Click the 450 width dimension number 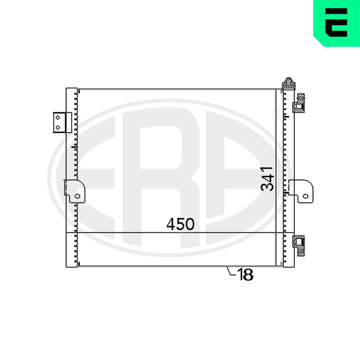pyautogui.click(x=180, y=224)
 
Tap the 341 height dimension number pyautogui.click(x=267, y=179)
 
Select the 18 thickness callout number pyautogui.click(x=245, y=274)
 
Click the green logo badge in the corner pyautogui.click(x=337, y=23)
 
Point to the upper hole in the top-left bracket pyautogui.click(x=58, y=118)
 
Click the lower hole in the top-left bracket pyautogui.click(x=58, y=127)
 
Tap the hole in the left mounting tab pyautogui.click(x=77, y=196)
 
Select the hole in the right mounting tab pyautogui.click(x=305, y=196)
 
